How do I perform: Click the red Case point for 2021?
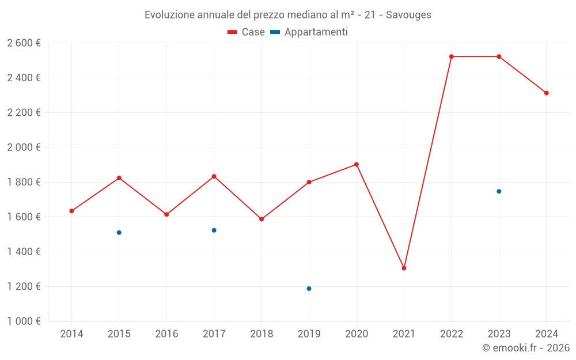pos(404,268)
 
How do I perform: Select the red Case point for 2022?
pos(452,56)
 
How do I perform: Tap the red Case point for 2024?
pos(547,93)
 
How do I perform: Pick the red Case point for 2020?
pos(357,165)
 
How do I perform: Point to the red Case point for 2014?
pos(71,211)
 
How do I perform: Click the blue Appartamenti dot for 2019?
pos(309,289)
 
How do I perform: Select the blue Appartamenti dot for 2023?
pos(499,191)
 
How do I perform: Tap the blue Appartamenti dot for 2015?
pos(119,233)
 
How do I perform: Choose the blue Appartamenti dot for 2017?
pos(214,230)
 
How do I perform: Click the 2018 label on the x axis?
pos(262,334)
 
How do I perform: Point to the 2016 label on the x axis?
pos(166,334)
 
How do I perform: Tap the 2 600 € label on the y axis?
pos(24,43)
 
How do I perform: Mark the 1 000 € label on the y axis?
pos(24,321)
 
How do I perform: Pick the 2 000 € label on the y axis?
pos(24,147)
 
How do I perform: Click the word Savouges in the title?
pos(408,15)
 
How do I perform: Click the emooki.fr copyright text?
pos(526,348)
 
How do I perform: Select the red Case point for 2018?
pos(262,219)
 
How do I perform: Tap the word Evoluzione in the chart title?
pos(169,15)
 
